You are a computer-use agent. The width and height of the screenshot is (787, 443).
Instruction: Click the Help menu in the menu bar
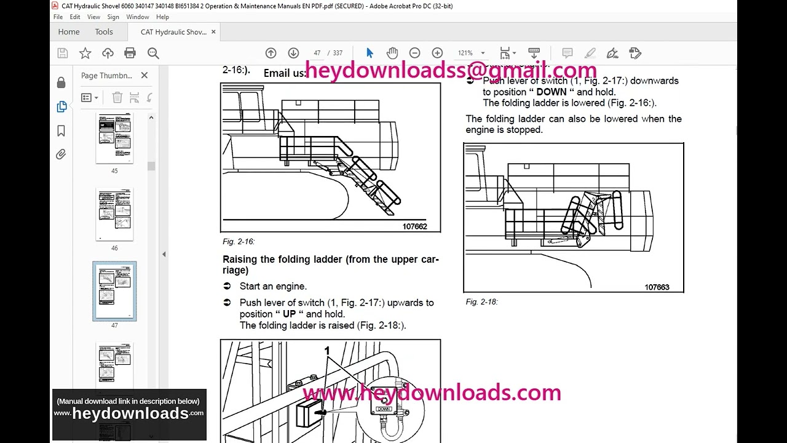click(162, 17)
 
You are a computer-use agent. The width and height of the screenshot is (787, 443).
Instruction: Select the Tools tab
click(104, 32)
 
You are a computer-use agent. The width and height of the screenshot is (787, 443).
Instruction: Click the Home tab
click(69, 32)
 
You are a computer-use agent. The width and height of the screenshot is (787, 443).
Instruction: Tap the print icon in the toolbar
click(130, 54)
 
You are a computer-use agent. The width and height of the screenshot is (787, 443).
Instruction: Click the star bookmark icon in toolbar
click(85, 54)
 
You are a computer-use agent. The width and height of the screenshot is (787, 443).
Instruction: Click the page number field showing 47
click(317, 54)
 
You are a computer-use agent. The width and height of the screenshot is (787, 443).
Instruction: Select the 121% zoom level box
click(465, 54)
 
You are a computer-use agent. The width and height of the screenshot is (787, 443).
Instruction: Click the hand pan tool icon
click(392, 54)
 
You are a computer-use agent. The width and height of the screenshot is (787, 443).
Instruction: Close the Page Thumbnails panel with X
click(144, 76)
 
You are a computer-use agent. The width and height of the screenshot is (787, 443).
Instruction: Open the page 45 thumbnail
click(114, 138)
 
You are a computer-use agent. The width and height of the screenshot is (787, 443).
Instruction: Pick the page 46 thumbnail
click(114, 215)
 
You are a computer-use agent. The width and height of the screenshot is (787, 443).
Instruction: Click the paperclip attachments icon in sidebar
click(61, 154)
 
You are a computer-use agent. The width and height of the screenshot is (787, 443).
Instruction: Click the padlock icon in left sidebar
click(61, 83)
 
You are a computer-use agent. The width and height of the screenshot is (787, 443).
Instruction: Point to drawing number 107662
click(414, 226)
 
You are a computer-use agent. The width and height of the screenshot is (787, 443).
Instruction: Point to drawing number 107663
click(657, 287)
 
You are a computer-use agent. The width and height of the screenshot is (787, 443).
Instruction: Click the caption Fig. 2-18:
click(481, 302)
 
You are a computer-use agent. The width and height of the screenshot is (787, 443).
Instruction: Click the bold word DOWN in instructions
click(551, 92)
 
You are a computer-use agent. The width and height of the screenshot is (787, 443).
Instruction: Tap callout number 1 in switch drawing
click(327, 351)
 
